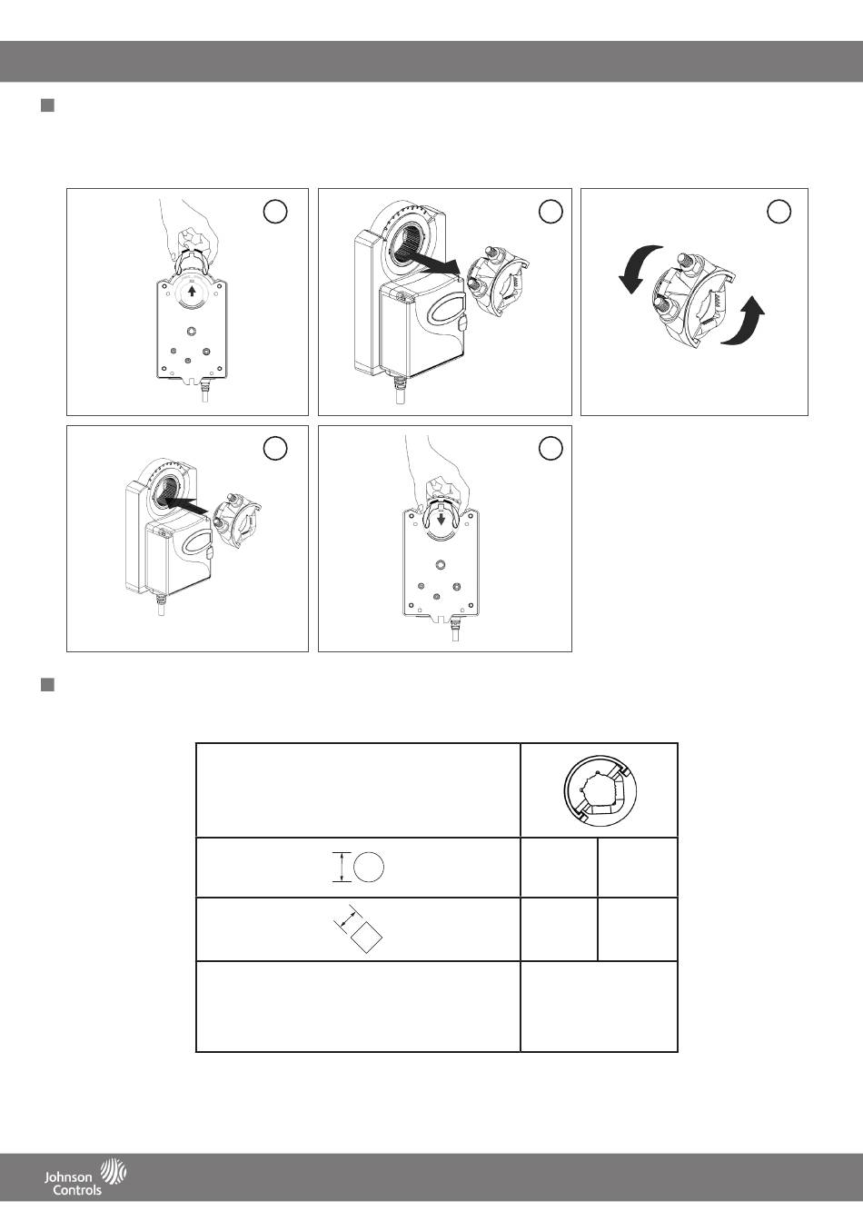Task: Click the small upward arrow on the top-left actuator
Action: coord(192,291)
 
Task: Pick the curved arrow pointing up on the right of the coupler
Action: coord(745,323)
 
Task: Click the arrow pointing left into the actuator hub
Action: coord(185,503)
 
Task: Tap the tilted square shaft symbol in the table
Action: coord(366,938)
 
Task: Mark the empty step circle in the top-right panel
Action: coord(779,211)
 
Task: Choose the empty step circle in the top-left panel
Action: coord(275,211)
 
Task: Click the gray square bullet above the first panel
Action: coord(47,105)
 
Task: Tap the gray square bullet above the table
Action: coord(47,685)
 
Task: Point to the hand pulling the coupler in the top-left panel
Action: coord(191,234)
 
